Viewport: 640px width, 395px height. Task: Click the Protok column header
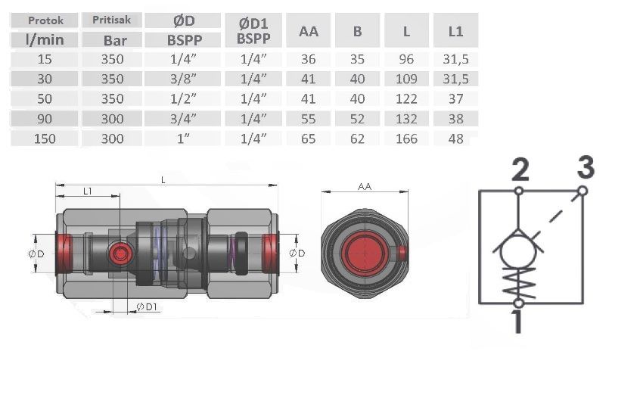(45, 20)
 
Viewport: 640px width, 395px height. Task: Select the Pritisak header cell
(111, 20)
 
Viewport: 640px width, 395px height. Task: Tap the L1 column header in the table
(455, 31)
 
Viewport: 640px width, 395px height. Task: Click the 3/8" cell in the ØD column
(183, 79)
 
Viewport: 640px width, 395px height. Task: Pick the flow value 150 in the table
(45, 139)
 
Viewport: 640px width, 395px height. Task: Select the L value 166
(406, 139)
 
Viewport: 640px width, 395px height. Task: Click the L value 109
(406, 79)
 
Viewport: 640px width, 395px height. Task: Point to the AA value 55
(308, 119)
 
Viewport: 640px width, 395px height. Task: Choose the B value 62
(357, 139)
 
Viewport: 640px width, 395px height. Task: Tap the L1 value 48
(455, 139)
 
